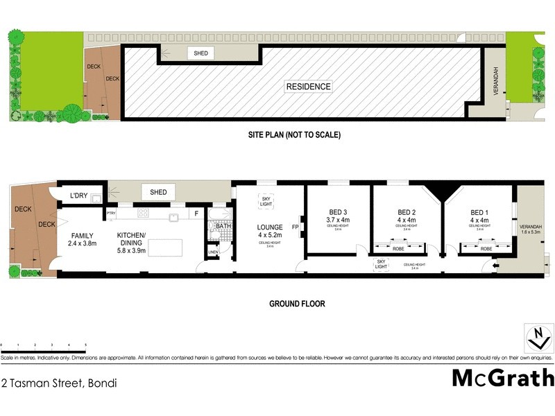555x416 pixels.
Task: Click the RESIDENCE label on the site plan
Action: click(308, 87)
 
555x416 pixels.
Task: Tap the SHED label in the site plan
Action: click(201, 53)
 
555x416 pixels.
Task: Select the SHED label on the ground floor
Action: click(158, 191)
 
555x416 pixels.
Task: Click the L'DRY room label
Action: click(78, 196)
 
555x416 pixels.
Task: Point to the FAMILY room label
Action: click(82, 235)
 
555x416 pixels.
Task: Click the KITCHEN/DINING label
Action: click(131, 239)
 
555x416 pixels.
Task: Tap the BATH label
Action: click(223, 226)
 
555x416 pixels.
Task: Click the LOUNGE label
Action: click(269, 227)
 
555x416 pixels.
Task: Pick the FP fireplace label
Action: click(295, 227)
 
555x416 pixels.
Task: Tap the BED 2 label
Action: click(407, 212)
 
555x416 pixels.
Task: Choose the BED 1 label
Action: click(479, 212)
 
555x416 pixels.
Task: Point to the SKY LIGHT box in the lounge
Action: click(266, 200)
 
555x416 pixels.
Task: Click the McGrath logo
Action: click(503, 378)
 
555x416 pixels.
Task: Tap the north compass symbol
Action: click(538, 340)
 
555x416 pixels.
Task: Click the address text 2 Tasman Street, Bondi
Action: click(59, 383)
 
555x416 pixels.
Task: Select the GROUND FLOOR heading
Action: click(297, 304)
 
